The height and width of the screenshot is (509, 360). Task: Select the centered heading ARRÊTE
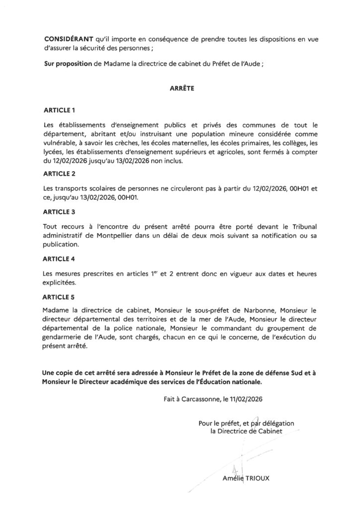click(180, 89)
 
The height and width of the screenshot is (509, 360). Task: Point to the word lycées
click(53, 152)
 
